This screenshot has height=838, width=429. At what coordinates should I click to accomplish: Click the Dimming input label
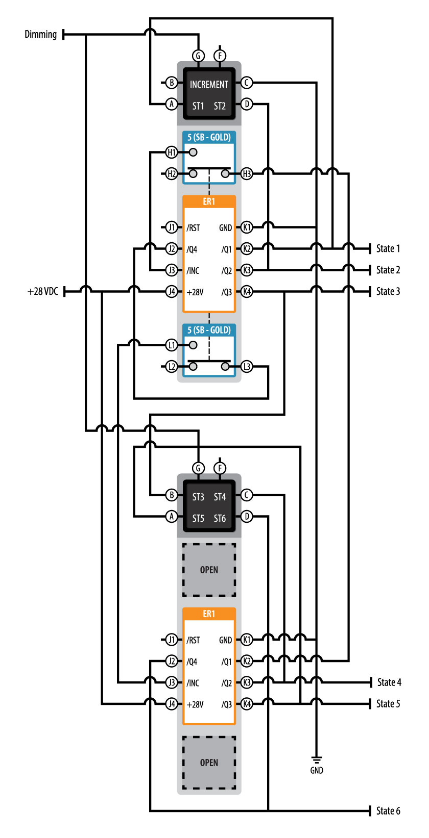click(41, 35)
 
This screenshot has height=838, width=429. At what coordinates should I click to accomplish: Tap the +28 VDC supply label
click(43, 292)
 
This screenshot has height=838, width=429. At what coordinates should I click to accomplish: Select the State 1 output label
click(388, 249)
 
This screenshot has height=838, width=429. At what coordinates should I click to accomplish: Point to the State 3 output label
click(388, 292)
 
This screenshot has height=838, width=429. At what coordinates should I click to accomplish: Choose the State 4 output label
click(389, 682)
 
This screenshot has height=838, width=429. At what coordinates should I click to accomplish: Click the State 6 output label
click(388, 811)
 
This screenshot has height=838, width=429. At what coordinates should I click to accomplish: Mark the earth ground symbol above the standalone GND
click(317, 759)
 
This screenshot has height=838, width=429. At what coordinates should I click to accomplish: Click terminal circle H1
click(172, 152)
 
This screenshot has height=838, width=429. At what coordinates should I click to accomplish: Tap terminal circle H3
click(247, 174)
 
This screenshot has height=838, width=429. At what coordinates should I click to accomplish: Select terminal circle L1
click(172, 345)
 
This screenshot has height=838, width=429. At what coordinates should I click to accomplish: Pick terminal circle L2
click(172, 367)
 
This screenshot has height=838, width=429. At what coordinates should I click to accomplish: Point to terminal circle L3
click(247, 367)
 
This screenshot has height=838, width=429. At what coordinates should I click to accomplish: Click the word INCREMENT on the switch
click(209, 85)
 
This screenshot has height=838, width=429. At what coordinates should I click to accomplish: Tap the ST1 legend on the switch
click(198, 106)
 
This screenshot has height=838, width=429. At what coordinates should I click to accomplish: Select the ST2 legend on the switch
click(220, 106)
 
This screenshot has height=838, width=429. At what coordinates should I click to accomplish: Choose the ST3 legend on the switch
click(198, 497)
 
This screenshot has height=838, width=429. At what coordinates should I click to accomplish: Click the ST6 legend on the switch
click(220, 518)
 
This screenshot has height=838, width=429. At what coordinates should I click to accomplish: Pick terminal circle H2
click(172, 174)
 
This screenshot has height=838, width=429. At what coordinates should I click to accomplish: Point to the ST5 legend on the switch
click(198, 518)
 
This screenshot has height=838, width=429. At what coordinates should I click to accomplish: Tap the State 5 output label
click(388, 704)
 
